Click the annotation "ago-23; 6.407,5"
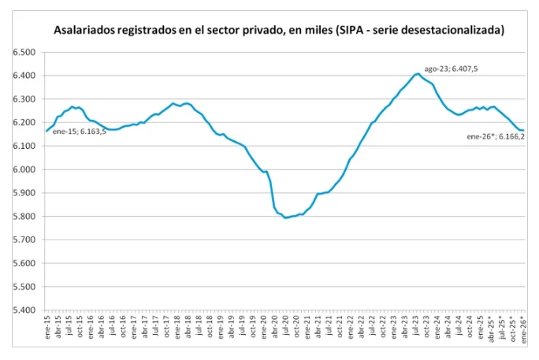click(451, 69)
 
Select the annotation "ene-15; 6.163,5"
click(80, 131)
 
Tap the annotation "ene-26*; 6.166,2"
click(496, 136)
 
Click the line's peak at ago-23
click(417, 73)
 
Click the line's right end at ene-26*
click(523, 130)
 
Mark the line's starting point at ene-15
click(46, 130)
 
